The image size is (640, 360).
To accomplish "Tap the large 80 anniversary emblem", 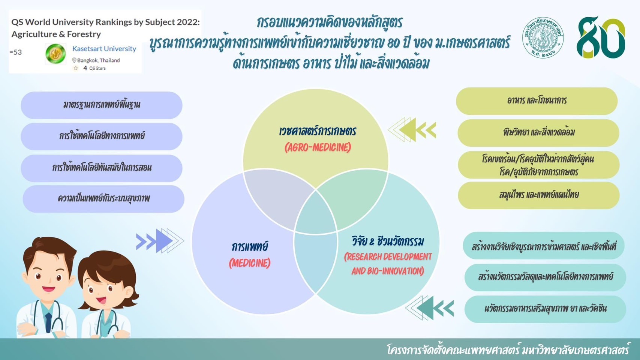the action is [601, 37].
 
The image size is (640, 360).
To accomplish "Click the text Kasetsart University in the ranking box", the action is [104, 49].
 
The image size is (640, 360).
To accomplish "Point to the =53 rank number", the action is [15, 52].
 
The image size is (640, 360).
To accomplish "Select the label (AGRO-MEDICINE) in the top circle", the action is [318, 147].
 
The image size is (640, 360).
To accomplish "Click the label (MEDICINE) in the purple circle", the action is [249, 263].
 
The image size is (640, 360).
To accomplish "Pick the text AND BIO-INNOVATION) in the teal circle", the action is [388, 271].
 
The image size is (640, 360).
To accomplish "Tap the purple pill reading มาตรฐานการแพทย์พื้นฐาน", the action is [102, 105].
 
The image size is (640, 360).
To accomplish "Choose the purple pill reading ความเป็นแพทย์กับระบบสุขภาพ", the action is [103, 199].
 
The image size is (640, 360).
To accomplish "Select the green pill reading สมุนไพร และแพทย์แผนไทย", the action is [538, 195].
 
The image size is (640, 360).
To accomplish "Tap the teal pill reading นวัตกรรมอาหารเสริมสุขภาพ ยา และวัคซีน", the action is [545, 309].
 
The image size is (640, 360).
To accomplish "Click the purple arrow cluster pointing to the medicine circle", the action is [160, 241].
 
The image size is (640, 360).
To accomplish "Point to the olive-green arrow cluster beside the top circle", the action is [412, 130].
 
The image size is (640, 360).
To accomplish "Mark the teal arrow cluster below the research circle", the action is [429, 308].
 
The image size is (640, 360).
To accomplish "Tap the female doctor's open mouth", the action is [101, 300].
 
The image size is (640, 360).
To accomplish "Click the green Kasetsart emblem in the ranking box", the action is [56, 54].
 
